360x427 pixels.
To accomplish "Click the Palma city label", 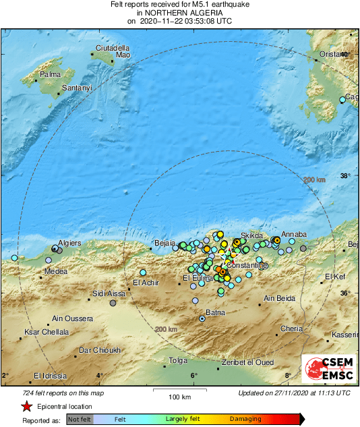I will click(51, 74).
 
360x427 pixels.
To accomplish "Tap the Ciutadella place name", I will click(111, 48).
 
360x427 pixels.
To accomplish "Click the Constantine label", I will click(247, 265).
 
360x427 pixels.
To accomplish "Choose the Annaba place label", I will click(293, 234).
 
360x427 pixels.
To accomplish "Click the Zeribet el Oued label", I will click(248, 362).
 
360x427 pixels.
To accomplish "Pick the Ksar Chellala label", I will click(47, 332).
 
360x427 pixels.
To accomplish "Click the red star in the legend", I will click(26, 406).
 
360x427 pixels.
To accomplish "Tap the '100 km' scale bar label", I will click(179, 396).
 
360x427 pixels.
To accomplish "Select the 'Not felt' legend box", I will click(80, 419).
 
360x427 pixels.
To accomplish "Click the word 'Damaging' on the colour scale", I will click(245, 419).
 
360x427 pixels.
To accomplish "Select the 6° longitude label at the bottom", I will click(193, 376).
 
